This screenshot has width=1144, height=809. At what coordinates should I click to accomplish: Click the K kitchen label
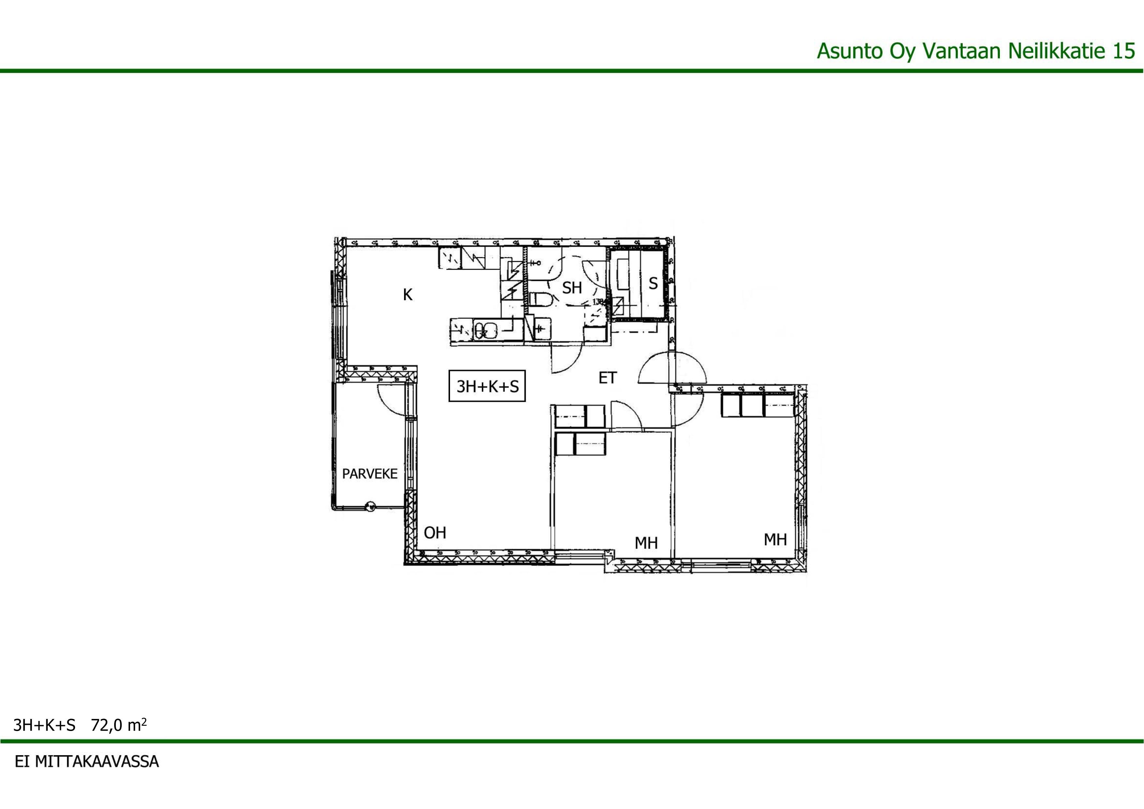(408, 295)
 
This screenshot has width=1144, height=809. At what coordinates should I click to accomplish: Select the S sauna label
(653, 284)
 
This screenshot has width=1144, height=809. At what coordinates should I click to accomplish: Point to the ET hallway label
(607, 378)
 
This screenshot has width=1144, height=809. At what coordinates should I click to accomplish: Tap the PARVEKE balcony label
(370, 474)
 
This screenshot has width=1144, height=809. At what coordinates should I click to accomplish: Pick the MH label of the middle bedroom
(646, 543)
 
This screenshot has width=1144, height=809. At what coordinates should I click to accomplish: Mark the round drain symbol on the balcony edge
(370, 506)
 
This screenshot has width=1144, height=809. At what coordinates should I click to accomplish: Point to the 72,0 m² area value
(119, 725)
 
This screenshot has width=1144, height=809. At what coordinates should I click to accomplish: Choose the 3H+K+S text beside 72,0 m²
(44, 725)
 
